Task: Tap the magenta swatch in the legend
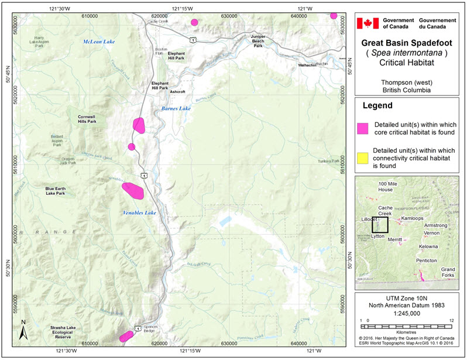coord(363,127)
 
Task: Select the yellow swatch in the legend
coord(363,157)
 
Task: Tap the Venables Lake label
coord(139,212)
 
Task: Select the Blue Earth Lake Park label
coord(59,191)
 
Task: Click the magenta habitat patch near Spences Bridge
coord(126,336)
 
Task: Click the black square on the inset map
coord(380,225)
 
